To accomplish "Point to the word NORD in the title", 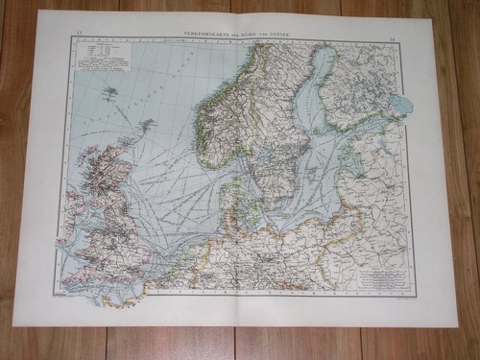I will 248,35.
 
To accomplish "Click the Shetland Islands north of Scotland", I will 147,124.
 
